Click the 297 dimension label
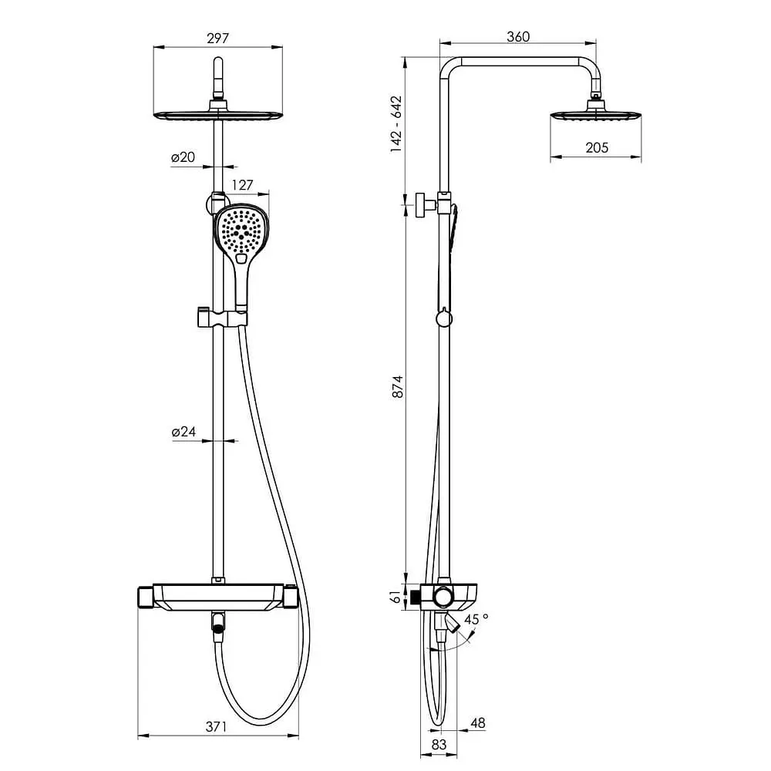218,38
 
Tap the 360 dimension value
518,36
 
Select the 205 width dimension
597,147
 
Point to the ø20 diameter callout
183,157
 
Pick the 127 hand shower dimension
242,185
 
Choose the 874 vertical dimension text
397,386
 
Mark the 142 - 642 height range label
396,124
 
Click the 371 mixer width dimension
217,726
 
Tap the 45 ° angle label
476,618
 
